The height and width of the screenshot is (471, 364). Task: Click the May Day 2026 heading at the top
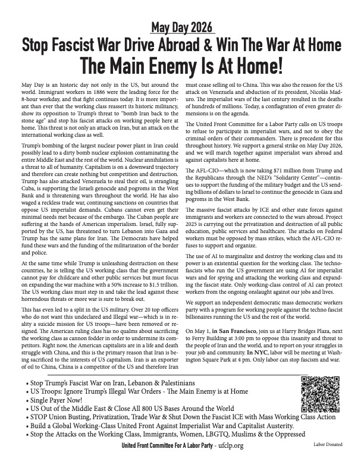pyautogui.click(x=181, y=28)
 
